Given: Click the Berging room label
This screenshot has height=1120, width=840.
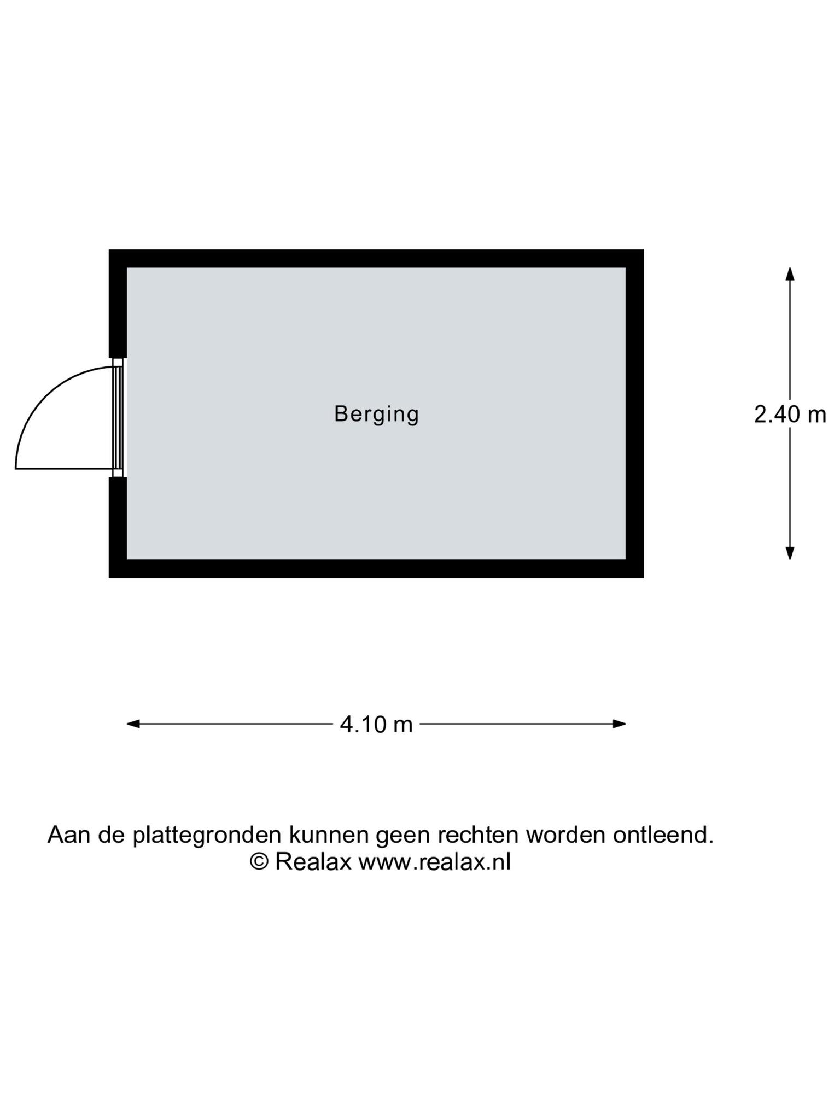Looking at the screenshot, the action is [376, 415].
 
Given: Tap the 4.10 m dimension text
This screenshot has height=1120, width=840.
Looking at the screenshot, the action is [376, 725].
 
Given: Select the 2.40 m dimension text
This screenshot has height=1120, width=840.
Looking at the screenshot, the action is [790, 415].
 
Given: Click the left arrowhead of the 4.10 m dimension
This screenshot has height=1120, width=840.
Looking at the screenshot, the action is [133, 724].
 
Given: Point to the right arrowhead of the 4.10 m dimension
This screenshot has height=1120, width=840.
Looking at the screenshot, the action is [619, 724].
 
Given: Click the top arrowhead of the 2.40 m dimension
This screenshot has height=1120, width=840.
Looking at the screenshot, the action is [790, 274].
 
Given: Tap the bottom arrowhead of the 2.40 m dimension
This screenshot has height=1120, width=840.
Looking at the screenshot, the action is [790, 553].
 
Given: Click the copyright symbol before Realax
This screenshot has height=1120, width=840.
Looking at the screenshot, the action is [259, 861].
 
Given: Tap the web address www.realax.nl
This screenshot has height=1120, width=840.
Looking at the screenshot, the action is [435, 862].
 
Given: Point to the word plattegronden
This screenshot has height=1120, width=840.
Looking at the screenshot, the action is [208, 836].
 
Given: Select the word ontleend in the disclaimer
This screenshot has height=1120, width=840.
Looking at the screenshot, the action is [663, 835].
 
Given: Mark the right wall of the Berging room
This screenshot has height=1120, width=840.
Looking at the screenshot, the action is [635, 413].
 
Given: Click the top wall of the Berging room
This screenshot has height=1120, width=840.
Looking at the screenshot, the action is [376, 259].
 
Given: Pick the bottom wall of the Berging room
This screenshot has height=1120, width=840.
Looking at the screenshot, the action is [376, 569].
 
